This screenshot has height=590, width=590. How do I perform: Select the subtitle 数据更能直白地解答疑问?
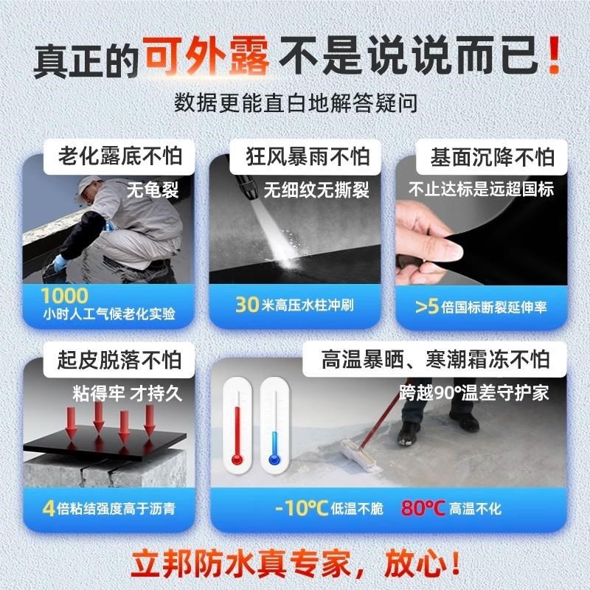click(x=296, y=103)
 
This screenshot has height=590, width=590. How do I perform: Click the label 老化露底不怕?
click(x=119, y=157)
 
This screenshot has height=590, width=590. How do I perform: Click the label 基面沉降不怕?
click(x=492, y=157)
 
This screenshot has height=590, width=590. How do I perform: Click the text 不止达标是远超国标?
click(x=481, y=190)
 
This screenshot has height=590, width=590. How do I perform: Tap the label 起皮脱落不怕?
click(x=119, y=361)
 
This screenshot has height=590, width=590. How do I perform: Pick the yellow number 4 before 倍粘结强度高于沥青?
click(x=49, y=509)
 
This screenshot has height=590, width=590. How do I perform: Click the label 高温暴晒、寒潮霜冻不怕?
click(x=435, y=361)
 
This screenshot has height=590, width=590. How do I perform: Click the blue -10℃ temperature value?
click(x=302, y=509)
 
